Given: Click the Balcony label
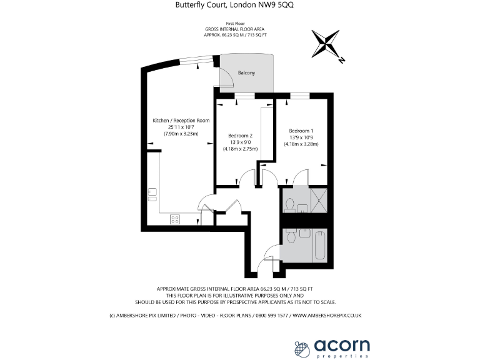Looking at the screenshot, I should point(247,73).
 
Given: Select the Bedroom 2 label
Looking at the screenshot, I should point(240,136).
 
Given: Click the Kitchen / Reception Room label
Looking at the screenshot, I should point(181,120).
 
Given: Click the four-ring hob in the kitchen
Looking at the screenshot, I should point(176,219).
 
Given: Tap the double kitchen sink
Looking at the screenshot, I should point(152,194).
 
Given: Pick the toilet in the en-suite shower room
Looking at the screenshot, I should point(289,204).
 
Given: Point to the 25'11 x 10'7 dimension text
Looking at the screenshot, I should point(181,127).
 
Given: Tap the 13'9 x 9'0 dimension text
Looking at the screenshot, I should point(240,142).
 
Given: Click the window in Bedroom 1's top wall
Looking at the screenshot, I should point(299,96).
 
